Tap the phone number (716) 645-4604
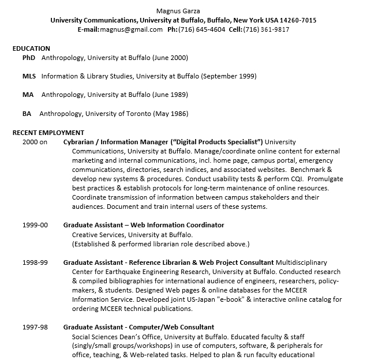[x=201, y=29]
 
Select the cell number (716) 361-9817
[x=266, y=29]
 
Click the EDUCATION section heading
[x=31, y=48]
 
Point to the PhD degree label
[x=29, y=58]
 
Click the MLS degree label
[x=29, y=76]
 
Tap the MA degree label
[x=28, y=95]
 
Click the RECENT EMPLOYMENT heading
[x=48, y=133]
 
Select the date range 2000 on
[x=35, y=142]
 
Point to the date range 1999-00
[x=35, y=225]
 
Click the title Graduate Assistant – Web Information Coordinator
[x=144, y=225]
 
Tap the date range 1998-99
[x=35, y=262]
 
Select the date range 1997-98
[x=35, y=327]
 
